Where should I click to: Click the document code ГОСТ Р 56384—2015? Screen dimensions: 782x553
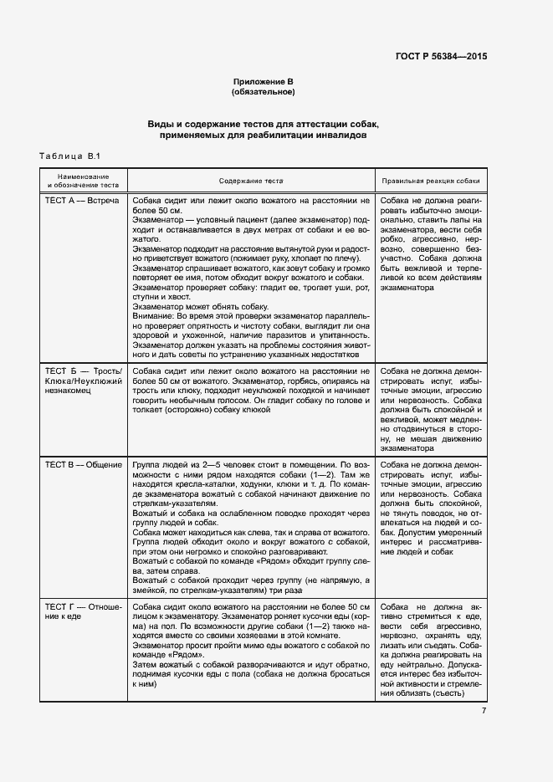pyautogui.click(x=443, y=56)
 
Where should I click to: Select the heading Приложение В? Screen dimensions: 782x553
pyautogui.click(x=264, y=81)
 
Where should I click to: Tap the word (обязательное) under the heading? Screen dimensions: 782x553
pyautogui.click(x=264, y=91)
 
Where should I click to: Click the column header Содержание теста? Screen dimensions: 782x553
pyautogui.click(x=251, y=181)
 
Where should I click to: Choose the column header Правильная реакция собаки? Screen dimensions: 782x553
pyautogui.click(x=431, y=181)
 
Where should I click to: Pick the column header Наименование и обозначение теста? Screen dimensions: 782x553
pyautogui.click(x=83, y=181)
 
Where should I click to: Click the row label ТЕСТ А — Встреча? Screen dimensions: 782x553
pyautogui.click(x=81, y=202)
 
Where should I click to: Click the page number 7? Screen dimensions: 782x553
pyautogui.click(x=484, y=711)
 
